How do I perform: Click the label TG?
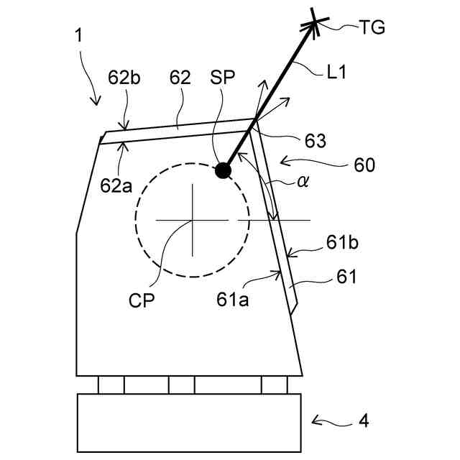pos(372,28)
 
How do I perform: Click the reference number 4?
pos(364,420)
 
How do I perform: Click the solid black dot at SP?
pos(223,170)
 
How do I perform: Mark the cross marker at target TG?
pos(315,25)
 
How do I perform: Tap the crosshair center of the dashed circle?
pos(192,219)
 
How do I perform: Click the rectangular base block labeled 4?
pos(185,422)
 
